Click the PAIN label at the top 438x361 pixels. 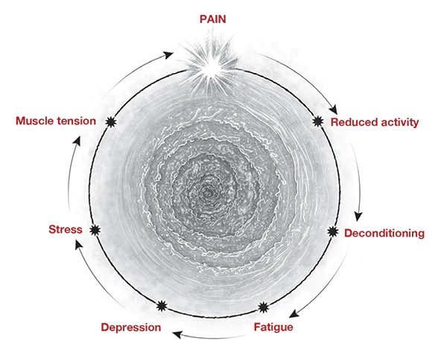pyautogui.click(x=212, y=19)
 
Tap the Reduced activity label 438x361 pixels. pyautogui.click(x=375, y=122)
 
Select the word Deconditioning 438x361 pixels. pyautogui.click(x=384, y=233)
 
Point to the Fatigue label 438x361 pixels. pyautogui.click(x=273, y=327)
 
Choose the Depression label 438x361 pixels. pyautogui.click(x=131, y=328)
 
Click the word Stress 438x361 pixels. pyautogui.click(x=66, y=229)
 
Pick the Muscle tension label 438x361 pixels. pyautogui.click(x=56, y=121)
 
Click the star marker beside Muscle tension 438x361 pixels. pyautogui.click(x=111, y=122)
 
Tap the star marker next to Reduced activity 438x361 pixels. pyautogui.click(x=318, y=121)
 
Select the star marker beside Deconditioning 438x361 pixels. pyautogui.click(x=333, y=231)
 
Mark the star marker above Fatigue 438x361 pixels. pyautogui.click(x=263, y=307)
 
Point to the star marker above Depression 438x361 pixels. pyautogui.click(x=162, y=306)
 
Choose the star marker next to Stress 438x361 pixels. pyautogui.click(x=95, y=230)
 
